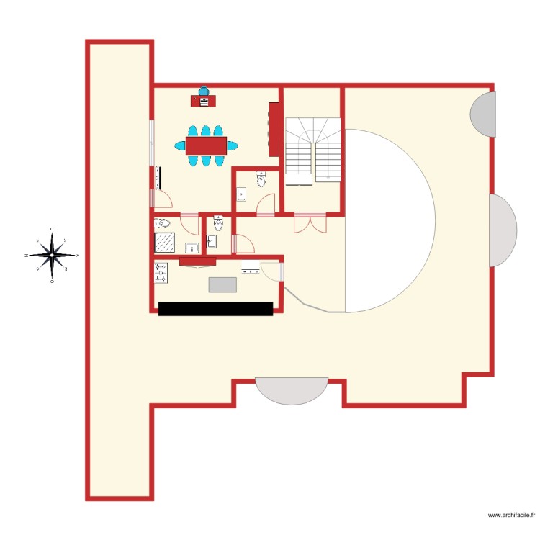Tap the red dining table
[206, 145]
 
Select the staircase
[312, 150]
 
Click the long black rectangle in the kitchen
[215, 308]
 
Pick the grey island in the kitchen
[222, 284]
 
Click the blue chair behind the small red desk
[204, 91]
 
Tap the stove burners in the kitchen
[161, 271]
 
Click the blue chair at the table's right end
[232, 145]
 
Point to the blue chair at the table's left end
[180, 145]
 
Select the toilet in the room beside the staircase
[261, 178]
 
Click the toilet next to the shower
[163, 223]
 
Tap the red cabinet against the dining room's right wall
[274, 129]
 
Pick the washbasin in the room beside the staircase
[242, 193]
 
